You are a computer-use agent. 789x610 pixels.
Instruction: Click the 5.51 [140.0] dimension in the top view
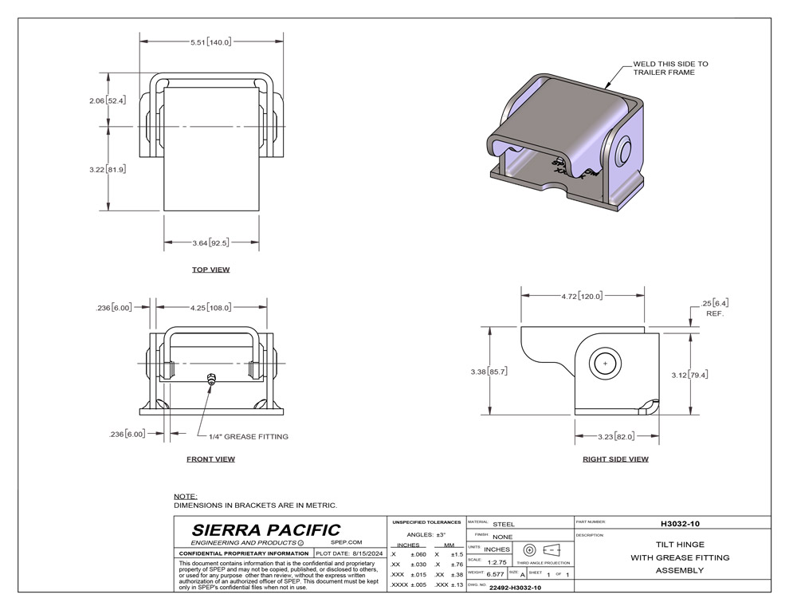pos(210,41)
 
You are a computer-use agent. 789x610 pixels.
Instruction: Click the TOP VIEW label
pos(210,270)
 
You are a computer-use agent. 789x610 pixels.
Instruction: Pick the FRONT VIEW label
pos(210,458)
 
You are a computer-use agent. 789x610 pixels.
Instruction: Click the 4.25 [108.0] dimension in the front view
pos(211,305)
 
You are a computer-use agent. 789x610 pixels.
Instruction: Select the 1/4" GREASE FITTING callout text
pos(248,436)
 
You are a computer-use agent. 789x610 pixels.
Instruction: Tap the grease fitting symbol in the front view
pos(210,379)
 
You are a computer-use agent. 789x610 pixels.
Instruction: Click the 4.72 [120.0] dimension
pos(583,295)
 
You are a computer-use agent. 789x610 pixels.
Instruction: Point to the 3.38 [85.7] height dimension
pos(489,372)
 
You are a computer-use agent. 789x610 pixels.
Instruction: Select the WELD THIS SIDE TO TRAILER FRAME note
pos(669,68)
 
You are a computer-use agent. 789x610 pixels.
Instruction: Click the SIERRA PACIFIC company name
pos(266,530)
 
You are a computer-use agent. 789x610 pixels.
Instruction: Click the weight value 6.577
pos(495,574)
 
